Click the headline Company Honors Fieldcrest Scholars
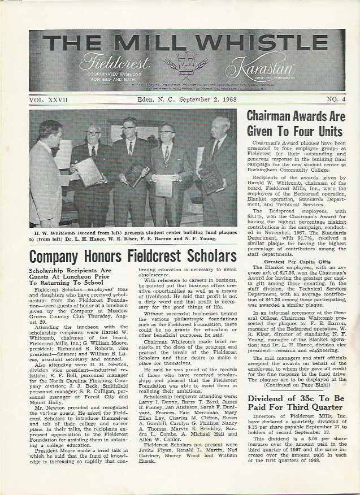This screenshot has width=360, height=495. click(133, 255)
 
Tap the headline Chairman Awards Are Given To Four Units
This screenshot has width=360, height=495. click(294, 123)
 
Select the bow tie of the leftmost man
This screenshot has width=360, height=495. click(54, 150)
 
